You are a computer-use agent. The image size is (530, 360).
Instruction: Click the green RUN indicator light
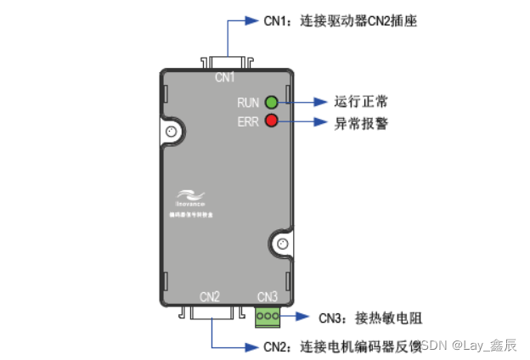[272, 102]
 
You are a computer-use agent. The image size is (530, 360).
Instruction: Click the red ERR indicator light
[272, 121]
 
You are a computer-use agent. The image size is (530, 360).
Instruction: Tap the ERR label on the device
[248, 121]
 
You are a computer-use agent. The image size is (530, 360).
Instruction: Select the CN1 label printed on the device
[224, 78]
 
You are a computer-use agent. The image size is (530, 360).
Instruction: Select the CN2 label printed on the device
[210, 296]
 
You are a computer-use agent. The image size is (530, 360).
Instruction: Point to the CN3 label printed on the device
[268, 296]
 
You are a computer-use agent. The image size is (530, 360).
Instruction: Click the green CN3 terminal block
[268, 317]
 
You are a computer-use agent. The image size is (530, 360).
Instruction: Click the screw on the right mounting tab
[283, 245]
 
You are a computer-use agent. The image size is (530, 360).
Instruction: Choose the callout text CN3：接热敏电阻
[370, 318]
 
